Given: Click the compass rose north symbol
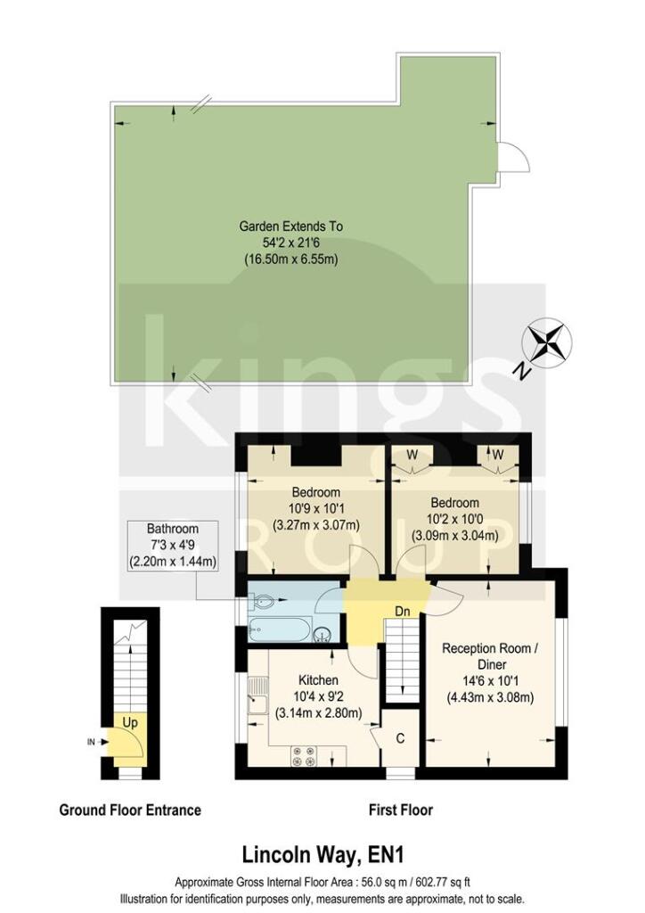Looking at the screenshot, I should click(550, 343).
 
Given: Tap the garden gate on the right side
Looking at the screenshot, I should click(510, 161).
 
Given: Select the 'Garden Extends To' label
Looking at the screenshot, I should click(290, 226).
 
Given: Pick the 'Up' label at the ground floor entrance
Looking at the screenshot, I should click(129, 721).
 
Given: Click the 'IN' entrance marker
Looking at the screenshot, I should click(92, 742).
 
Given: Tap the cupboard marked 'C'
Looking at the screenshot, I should click(401, 737).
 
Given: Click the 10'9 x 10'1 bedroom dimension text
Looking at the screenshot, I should click(315, 509).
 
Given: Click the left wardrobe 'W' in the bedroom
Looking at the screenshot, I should click(412, 455).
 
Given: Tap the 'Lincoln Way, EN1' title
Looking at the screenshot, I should click(322, 855).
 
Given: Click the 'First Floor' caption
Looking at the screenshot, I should click(400, 810).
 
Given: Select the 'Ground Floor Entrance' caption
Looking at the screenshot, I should click(130, 810).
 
